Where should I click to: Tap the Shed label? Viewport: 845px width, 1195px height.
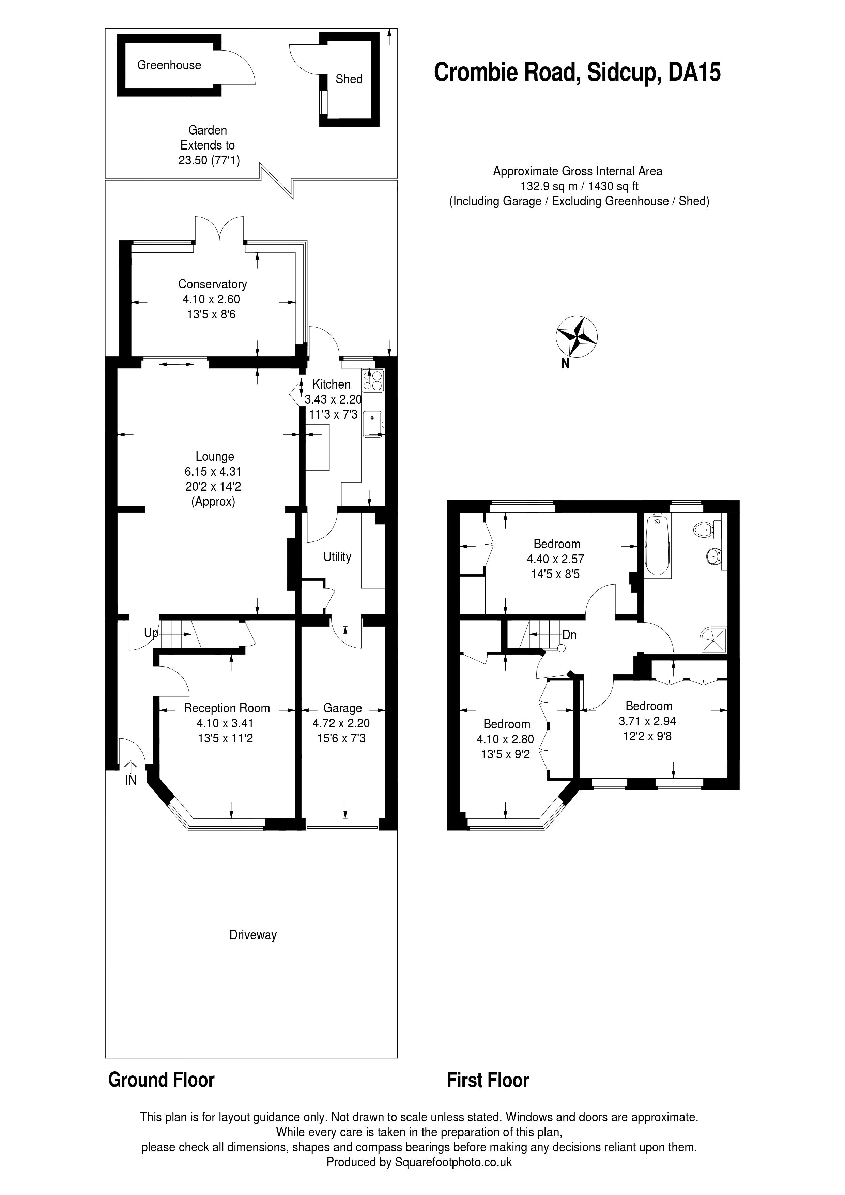(x=349, y=79)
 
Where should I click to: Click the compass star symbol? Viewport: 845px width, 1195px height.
(x=577, y=336)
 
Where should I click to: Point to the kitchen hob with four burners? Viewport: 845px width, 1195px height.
(x=372, y=380)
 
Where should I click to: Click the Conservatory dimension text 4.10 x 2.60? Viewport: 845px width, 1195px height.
(x=211, y=299)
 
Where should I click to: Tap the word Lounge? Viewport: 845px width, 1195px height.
(x=215, y=456)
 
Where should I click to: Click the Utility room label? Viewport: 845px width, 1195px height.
(x=337, y=557)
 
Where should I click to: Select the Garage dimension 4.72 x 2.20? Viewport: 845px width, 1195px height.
(x=341, y=723)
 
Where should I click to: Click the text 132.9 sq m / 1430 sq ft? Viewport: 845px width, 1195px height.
(x=579, y=186)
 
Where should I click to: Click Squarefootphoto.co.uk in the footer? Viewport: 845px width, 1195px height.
(x=453, y=1162)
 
